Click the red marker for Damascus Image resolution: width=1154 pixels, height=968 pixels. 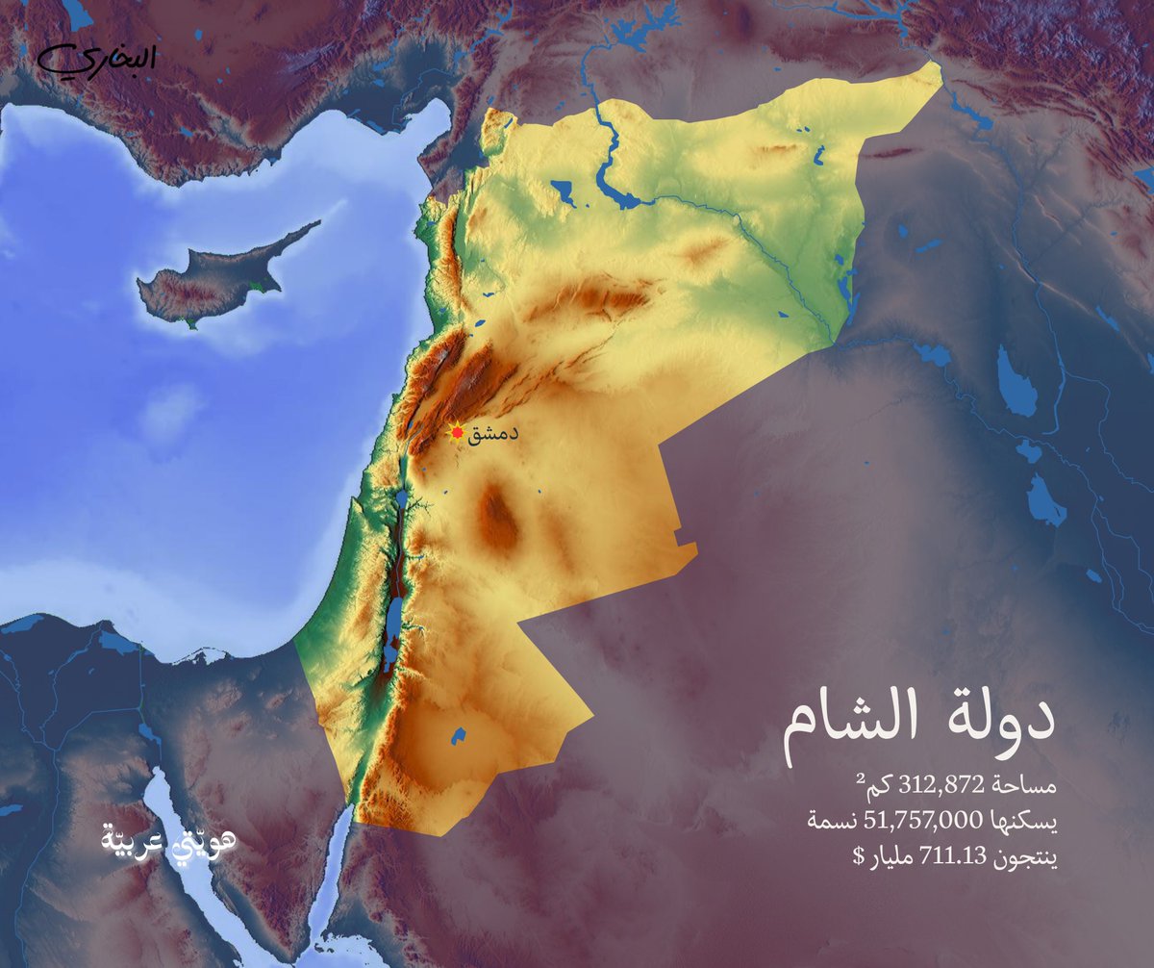[x=457, y=432]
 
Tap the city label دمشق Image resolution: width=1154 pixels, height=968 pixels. [x=493, y=433]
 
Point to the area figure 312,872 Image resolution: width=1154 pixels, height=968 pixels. [x=941, y=787]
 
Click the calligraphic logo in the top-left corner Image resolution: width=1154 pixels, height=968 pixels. [x=96, y=60]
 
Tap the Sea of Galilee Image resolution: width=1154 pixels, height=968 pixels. [x=399, y=500]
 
